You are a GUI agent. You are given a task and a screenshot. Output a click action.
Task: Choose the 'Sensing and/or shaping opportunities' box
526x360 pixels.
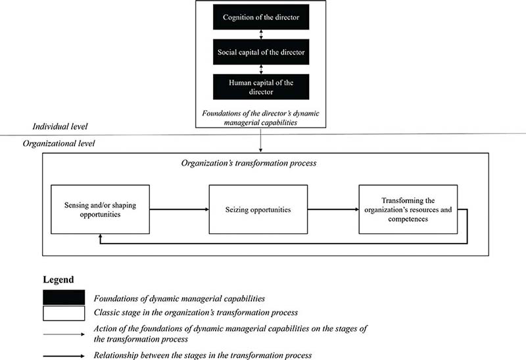(x=101, y=210)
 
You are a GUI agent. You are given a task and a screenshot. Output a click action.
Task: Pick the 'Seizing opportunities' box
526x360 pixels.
(x=258, y=210)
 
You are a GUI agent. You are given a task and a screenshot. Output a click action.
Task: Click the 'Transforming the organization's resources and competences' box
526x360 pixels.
(x=408, y=210)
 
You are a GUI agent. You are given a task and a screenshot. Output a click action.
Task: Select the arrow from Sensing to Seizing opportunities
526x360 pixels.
(x=179, y=210)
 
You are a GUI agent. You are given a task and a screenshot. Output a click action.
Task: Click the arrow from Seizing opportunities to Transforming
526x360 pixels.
(x=333, y=210)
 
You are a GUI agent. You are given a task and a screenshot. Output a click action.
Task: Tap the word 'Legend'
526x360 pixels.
(x=59, y=280)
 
